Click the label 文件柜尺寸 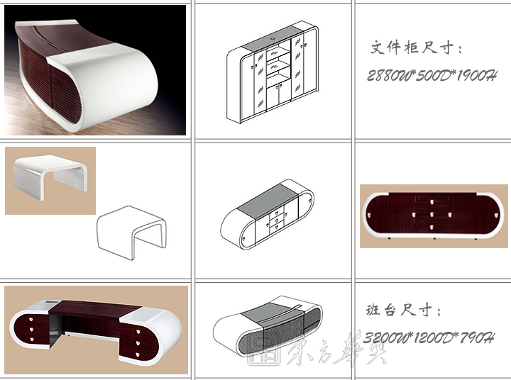[x=417, y=48]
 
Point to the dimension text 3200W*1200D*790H [x=429, y=337]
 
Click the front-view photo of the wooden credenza [x=433, y=216]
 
